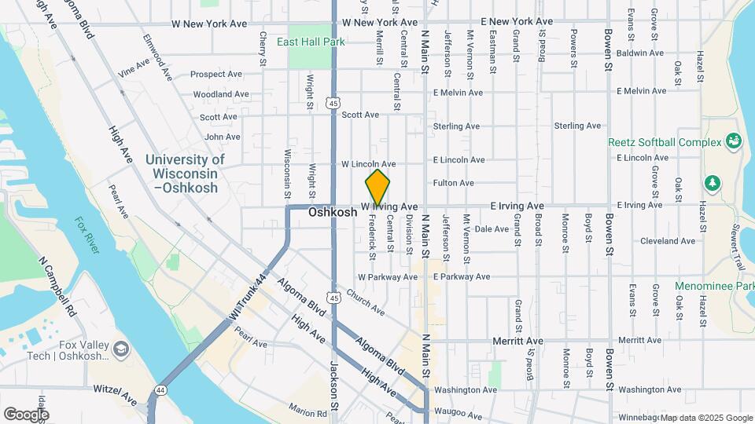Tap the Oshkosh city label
pos(333,212)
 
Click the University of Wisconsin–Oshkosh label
pos(186,174)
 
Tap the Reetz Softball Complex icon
pos(735,141)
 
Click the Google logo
pos(26,414)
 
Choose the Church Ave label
pos(365,302)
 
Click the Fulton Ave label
pos(454,183)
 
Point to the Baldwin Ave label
pos(641,53)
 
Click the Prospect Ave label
pos(216,75)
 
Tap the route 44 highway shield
pos(160,389)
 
